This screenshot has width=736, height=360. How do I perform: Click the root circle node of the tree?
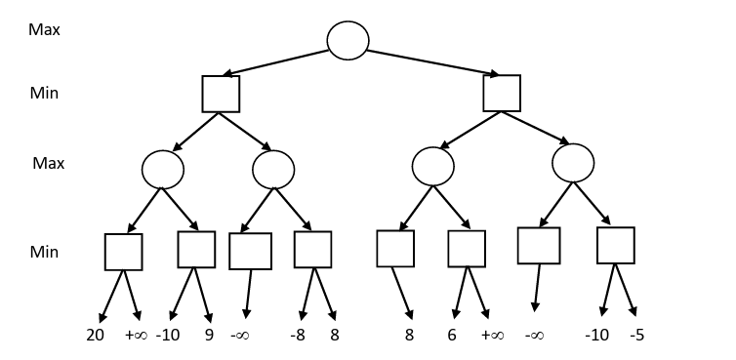(348, 39)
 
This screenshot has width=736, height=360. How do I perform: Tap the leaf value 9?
(208, 335)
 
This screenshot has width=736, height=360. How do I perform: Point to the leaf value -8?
(300, 335)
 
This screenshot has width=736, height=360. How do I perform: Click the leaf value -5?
(636, 335)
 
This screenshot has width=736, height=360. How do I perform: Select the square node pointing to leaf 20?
(124, 252)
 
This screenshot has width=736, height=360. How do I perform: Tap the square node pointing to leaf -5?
(616, 246)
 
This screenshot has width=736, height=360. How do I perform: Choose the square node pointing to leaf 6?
(467, 249)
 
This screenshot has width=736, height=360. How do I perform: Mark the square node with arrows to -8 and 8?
(313, 250)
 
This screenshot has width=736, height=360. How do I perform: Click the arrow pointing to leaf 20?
(112, 294)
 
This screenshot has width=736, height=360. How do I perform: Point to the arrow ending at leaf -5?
(627, 291)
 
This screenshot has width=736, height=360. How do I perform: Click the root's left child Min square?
(221, 94)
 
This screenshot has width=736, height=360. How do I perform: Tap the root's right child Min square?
(502, 94)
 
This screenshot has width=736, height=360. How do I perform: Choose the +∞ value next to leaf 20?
(135, 335)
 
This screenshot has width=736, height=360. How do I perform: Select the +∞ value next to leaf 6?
(491, 335)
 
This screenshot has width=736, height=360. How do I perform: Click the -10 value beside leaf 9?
(169, 335)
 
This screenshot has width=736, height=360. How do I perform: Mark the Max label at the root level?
(44, 29)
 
